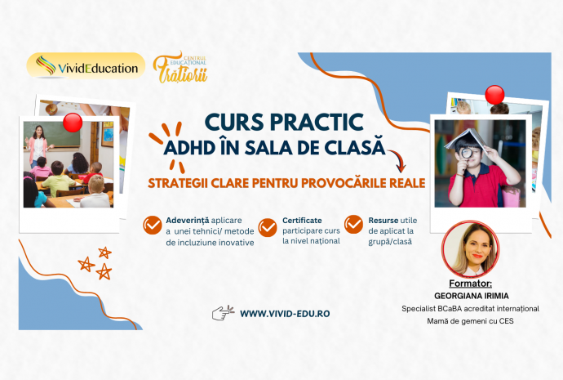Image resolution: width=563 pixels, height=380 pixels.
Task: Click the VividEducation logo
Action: (x=86, y=66)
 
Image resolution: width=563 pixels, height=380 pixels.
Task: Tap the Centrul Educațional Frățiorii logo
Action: (x=180, y=67)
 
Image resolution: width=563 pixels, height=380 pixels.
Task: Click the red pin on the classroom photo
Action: (x=73, y=123)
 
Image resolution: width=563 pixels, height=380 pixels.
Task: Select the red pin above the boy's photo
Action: (x=494, y=96)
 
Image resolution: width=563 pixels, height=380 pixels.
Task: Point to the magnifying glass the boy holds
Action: (x=466, y=153)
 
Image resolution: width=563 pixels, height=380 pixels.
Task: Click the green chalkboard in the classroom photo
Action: (x=57, y=134)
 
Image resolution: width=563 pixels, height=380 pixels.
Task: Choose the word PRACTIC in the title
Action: (x=316, y=123)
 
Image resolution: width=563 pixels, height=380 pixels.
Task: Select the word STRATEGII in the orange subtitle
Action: (x=177, y=183)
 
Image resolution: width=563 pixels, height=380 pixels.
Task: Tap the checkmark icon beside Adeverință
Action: (x=153, y=225)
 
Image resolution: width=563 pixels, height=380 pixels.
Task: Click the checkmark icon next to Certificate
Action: (x=268, y=227)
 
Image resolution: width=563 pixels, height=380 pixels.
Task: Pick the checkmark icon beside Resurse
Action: (x=353, y=225)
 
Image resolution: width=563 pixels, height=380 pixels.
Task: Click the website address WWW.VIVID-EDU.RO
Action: (x=285, y=314)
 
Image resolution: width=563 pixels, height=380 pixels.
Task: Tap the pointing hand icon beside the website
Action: (x=223, y=313)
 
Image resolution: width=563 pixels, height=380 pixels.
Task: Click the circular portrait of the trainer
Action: (x=471, y=248)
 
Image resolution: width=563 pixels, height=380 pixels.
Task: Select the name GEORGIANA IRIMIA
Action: (x=472, y=296)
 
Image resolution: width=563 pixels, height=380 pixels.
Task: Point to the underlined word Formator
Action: (x=470, y=284)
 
